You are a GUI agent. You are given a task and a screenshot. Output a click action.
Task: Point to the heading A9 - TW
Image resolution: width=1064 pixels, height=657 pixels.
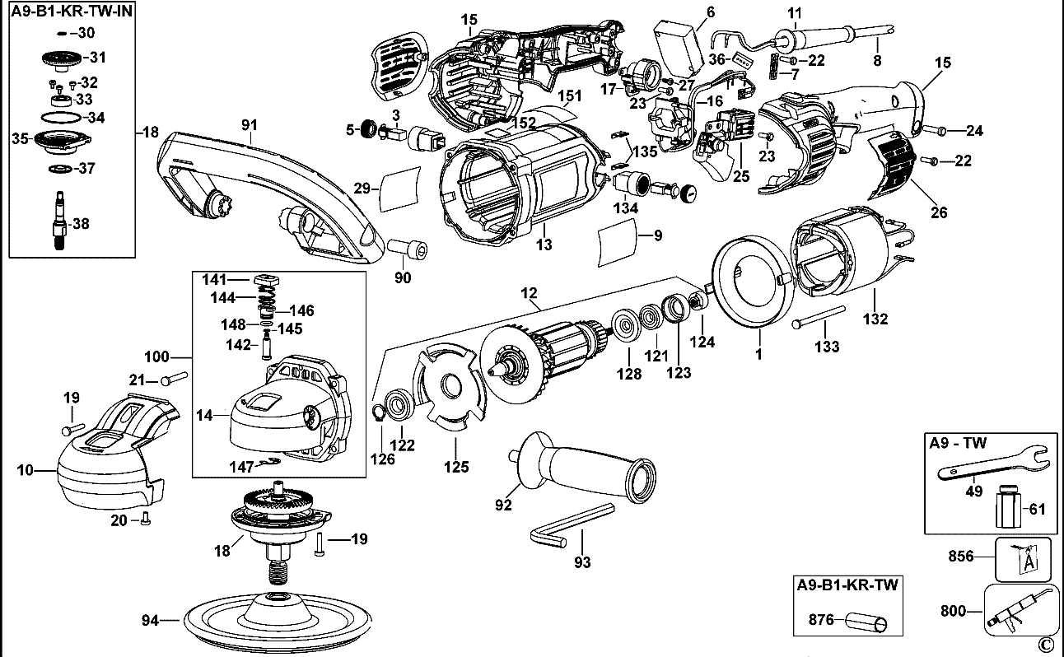[x=957, y=442]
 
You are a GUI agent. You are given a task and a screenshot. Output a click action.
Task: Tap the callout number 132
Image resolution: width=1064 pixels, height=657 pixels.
[x=876, y=319]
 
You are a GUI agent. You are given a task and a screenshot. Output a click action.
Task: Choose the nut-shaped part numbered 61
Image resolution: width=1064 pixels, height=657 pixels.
[x=1007, y=508]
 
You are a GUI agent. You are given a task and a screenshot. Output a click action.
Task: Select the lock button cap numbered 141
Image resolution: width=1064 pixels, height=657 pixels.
[x=264, y=281]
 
